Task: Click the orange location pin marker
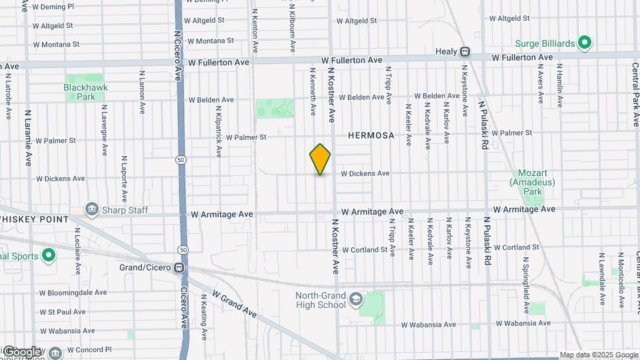click(x=320, y=159)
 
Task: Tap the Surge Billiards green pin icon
click(x=585, y=44)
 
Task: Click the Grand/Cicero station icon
click(x=179, y=268)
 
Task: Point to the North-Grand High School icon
click(x=355, y=298)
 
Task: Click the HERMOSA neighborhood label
click(x=371, y=135)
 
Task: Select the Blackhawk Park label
click(x=81, y=92)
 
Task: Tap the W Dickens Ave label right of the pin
click(x=365, y=173)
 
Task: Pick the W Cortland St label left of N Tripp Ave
click(x=365, y=249)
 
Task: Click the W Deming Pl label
click(x=53, y=7)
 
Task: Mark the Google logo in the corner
click(x=21, y=351)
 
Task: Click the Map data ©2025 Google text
click(x=599, y=355)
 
